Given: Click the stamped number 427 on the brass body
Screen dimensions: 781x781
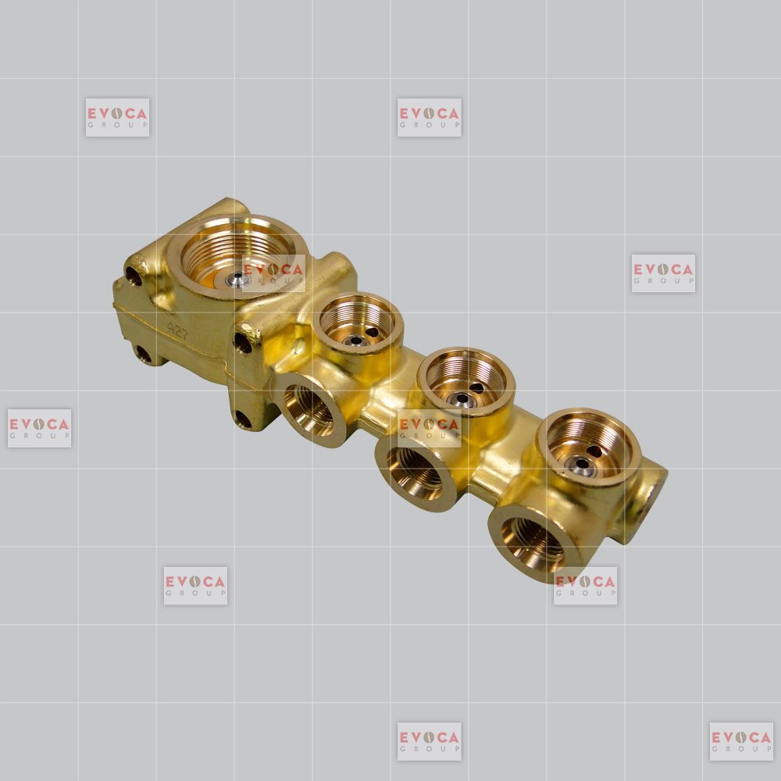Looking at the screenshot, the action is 177,330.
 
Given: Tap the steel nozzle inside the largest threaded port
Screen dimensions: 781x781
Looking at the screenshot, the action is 236,280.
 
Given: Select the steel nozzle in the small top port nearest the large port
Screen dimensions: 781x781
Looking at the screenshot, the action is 355,341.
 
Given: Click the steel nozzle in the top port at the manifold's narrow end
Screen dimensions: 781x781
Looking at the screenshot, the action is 581,465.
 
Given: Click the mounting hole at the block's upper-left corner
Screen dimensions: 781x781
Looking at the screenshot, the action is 133,276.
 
